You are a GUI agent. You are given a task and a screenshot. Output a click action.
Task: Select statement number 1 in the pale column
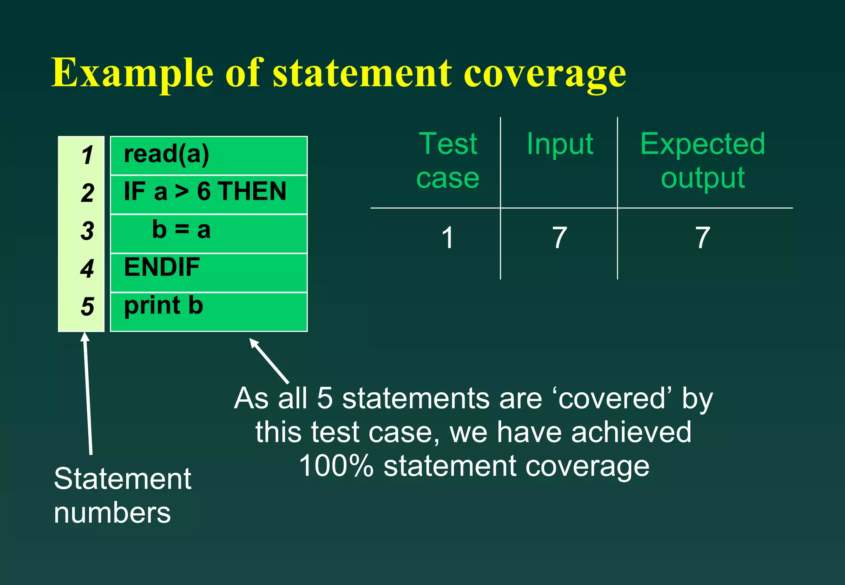[x=87, y=156]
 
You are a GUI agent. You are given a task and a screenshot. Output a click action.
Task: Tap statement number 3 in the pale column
[x=87, y=231]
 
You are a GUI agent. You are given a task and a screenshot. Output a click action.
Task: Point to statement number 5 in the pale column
[x=87, y=307]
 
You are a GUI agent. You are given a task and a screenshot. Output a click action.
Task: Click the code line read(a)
[x=166, y=154]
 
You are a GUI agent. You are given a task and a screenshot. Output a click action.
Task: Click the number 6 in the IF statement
[x=204, y=191]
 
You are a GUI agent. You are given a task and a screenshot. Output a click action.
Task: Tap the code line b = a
[x=181, y=230]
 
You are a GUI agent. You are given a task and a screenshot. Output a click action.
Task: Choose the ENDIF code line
[x=162, y=267]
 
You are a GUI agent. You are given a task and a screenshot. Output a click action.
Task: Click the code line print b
[x=163, y=306]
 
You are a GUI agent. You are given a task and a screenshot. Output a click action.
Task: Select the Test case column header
[x=448, y=161]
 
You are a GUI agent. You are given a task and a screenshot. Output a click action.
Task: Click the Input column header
[x=560, y=144]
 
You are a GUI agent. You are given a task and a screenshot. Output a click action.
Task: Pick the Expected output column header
[x=703, y=161]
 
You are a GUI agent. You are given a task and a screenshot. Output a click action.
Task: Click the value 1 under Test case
[x=448, y=238]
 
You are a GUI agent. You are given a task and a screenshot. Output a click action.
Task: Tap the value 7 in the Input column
[x=559, y=238]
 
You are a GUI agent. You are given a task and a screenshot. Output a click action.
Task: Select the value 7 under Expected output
[x=703, y=238]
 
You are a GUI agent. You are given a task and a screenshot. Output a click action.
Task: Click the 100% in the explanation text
[x=336, y=466]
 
